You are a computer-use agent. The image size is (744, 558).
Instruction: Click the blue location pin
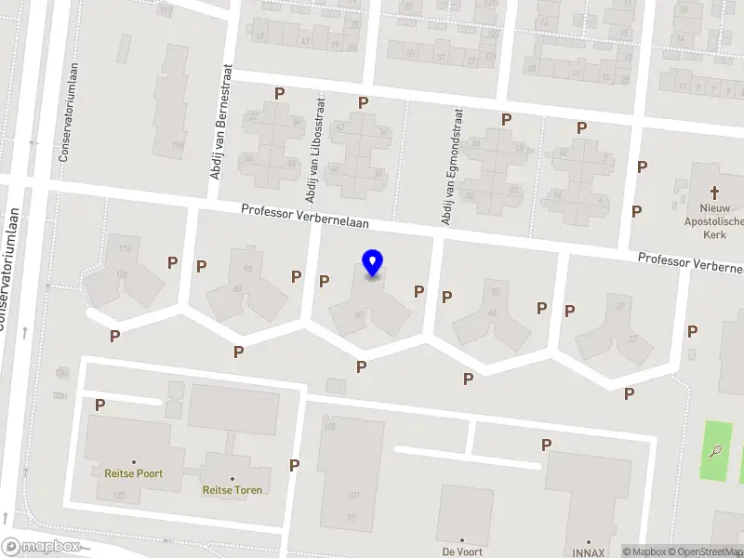372,263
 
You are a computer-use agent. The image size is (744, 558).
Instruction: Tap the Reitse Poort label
134,473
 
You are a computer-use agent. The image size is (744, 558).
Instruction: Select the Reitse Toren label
232,490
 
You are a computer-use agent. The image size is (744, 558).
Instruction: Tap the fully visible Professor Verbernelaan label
305,216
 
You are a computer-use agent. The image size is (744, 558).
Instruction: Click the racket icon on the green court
715,453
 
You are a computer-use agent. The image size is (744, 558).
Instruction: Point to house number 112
124,248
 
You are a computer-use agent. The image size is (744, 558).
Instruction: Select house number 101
352,495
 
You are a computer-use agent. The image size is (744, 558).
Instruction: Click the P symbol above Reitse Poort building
100,405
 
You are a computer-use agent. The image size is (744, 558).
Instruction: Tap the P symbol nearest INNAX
546,445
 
